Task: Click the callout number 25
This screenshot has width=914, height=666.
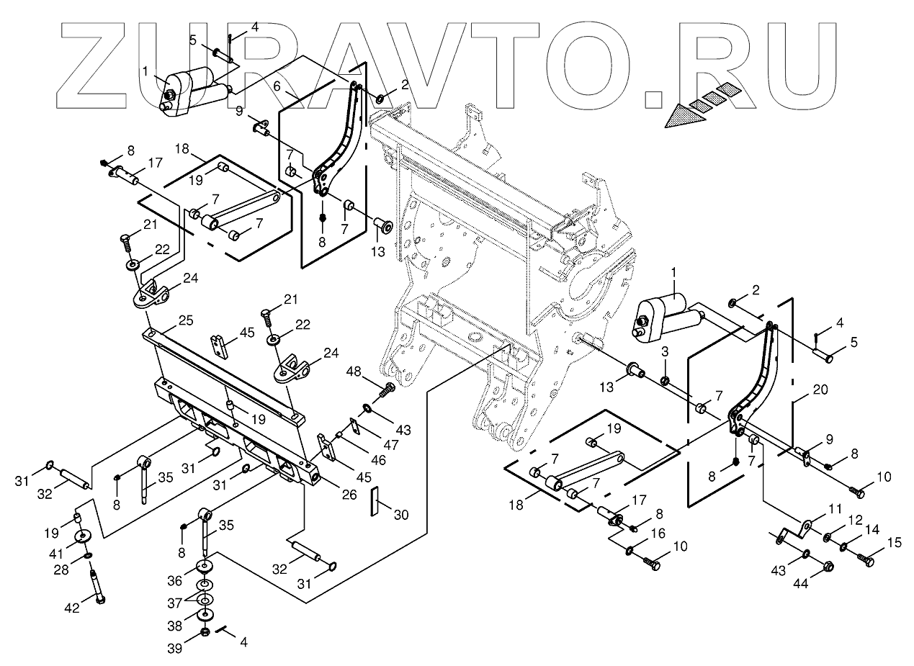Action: (166, 320)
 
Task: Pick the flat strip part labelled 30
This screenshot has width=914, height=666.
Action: (375, 502)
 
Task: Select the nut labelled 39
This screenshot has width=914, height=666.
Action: (204, 632)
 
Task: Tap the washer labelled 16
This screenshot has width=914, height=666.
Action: (630, 551)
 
